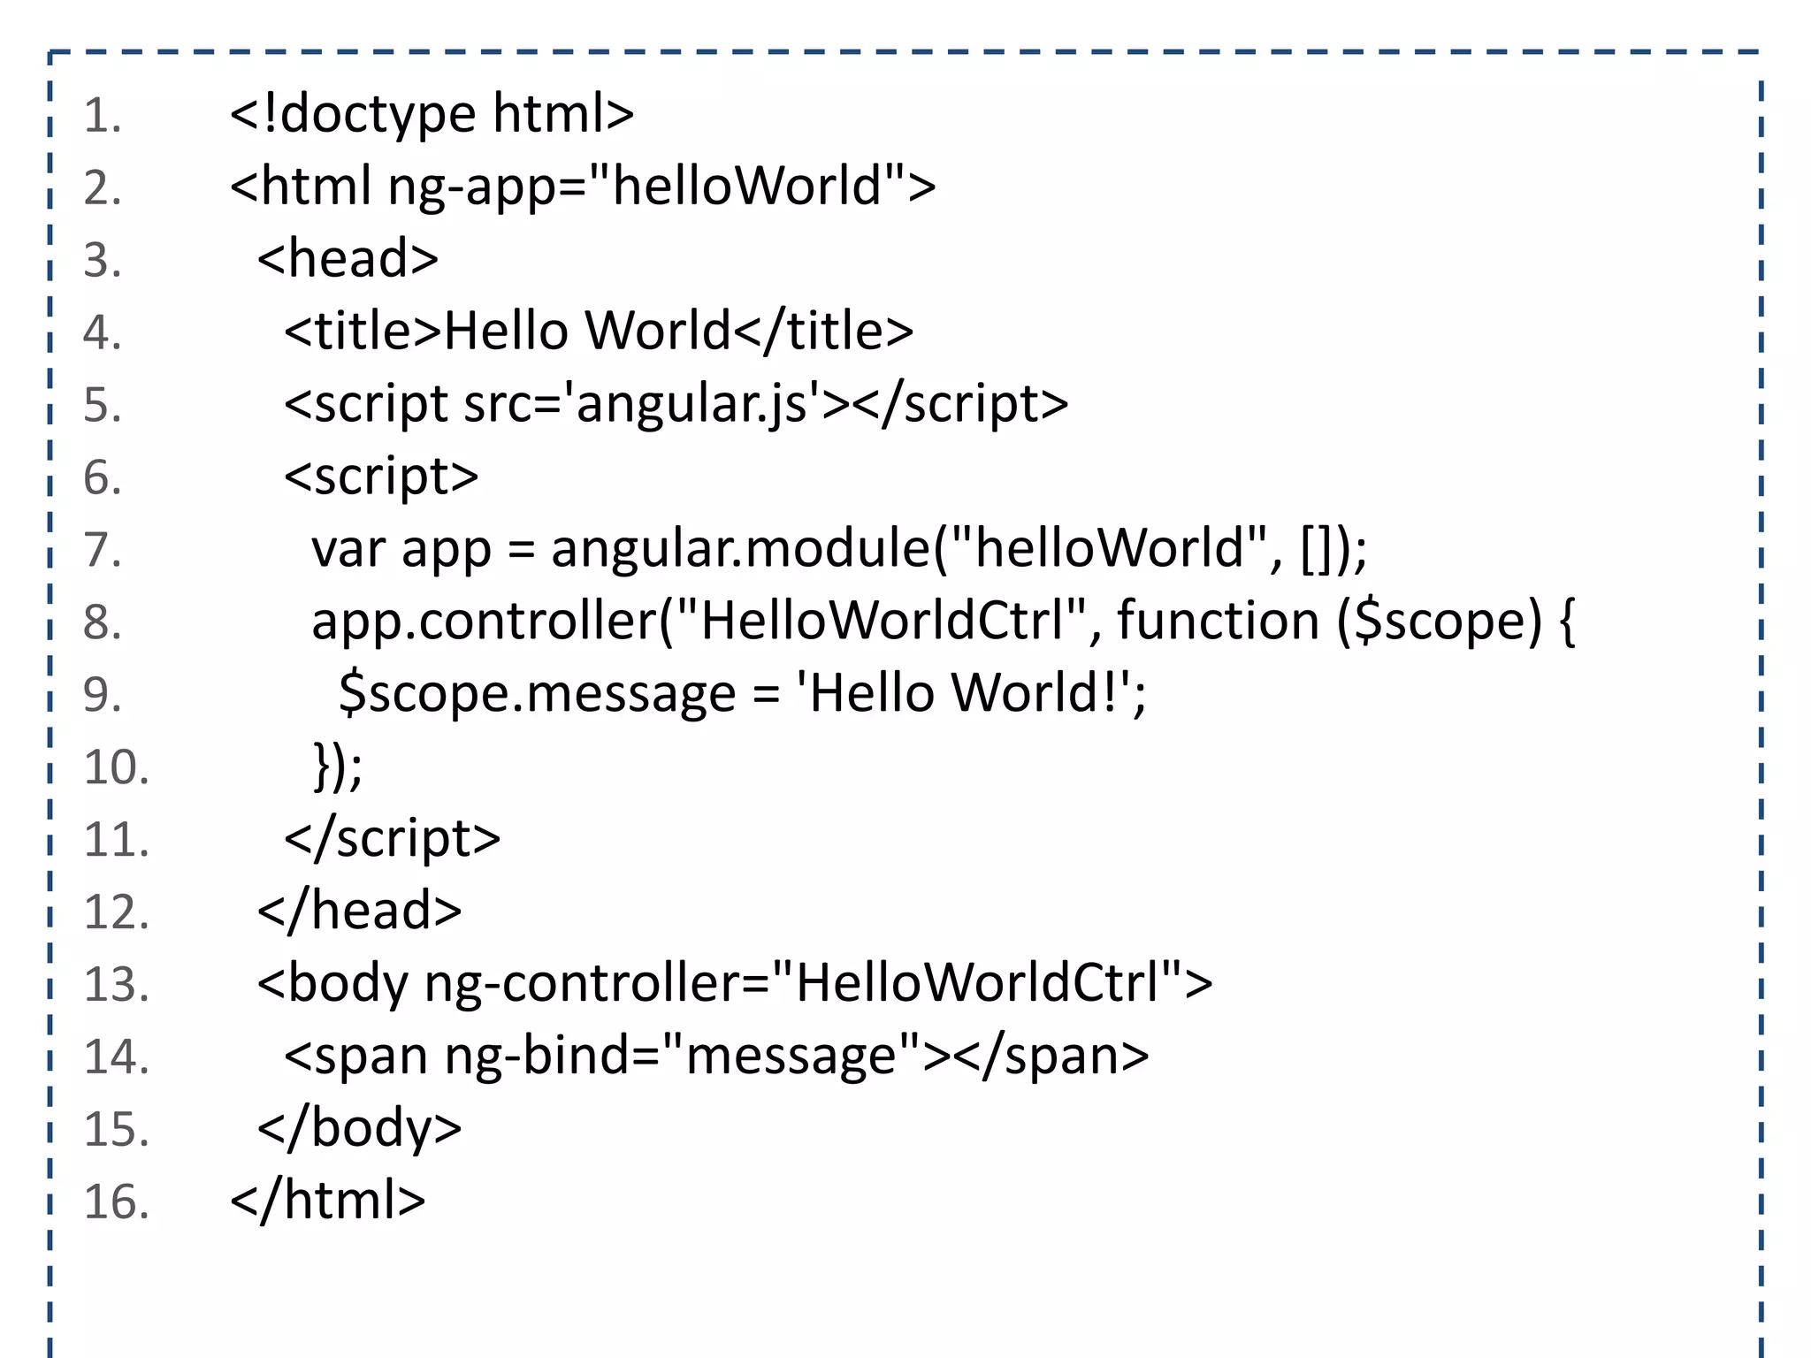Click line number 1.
click(102, 116)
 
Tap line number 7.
click(102, 550)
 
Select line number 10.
click(116, 767)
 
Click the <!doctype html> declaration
click(432, 114)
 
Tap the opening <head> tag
click(348, 259)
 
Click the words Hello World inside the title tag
click(587, 332)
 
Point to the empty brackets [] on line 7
click(1315, 549)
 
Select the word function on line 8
click(1218, 622)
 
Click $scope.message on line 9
click(537, 694)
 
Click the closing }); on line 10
click(338, 767)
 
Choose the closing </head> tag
click(359, 912)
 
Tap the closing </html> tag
click(328, 1202)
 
